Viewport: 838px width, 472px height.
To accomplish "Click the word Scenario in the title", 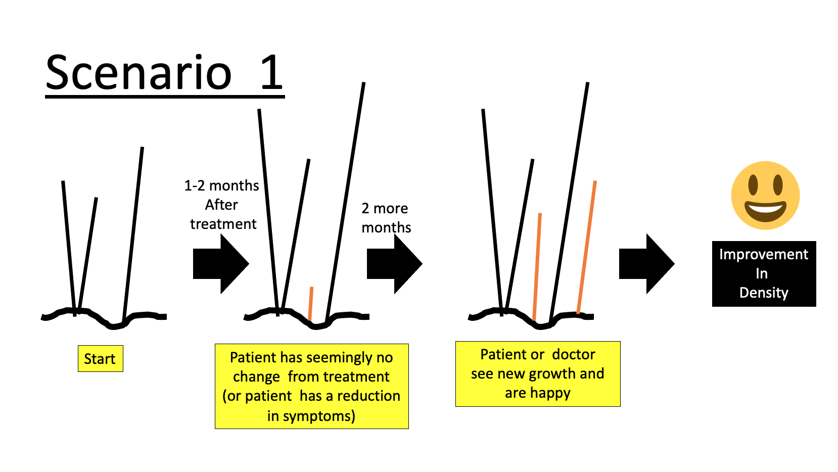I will pos(138,73).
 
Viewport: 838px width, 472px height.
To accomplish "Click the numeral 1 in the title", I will pos(271,73).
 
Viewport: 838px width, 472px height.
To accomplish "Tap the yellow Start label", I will pos(100,359).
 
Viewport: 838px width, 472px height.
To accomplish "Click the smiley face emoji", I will pos(765,195).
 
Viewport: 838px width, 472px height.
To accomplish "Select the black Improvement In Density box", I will pos(764,273).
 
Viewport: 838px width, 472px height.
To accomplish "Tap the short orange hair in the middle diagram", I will pos(311,303).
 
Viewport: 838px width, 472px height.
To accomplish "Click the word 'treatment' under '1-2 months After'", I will pos(223,224).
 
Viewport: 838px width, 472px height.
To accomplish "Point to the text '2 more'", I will pos(385,208).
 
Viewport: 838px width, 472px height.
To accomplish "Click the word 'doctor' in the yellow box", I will pos(574,354).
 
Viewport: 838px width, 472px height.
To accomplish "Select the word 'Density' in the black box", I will pos(764,293).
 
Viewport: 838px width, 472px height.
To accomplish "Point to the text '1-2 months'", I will pos(221,185).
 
